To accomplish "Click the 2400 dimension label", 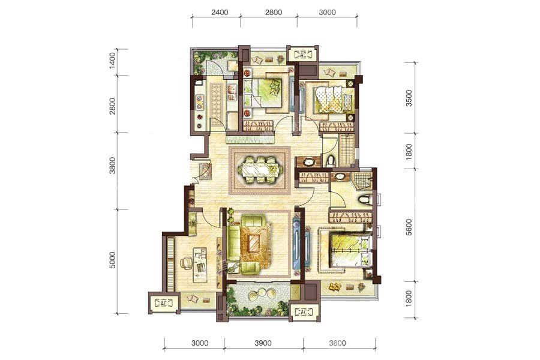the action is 220,13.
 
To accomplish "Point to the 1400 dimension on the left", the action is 113,61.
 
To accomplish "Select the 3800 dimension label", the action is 113,166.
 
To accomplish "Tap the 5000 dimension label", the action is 113,260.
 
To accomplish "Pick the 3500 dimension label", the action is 409,98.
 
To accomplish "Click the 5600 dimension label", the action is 409,227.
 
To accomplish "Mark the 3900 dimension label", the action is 263,343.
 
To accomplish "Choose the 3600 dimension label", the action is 337,343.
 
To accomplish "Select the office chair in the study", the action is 187,263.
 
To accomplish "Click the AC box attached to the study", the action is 164,303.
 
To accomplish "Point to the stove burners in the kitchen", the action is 199,103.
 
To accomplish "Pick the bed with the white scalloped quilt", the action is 333,99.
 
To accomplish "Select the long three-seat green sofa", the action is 233,243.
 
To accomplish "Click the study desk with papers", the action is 200,265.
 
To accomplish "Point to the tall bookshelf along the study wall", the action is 170,264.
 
